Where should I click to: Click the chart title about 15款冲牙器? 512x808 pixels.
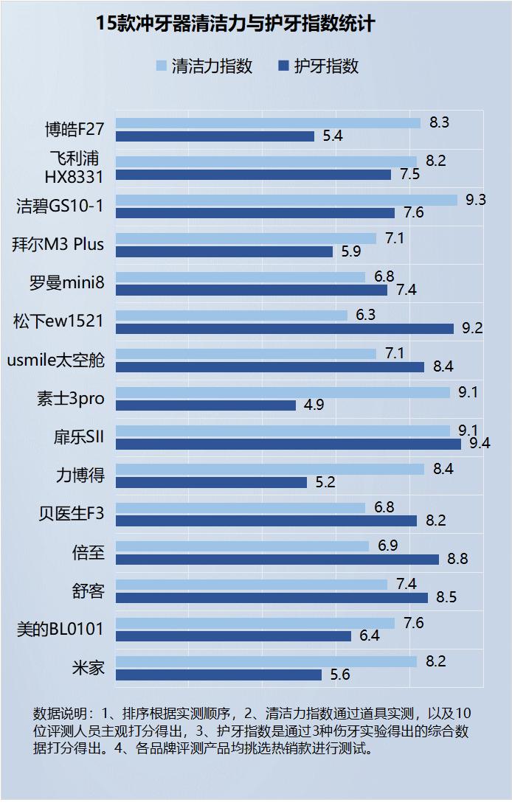click(235, 24)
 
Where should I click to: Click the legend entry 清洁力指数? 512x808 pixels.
click(204, 66)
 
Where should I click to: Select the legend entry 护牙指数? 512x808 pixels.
click(318, 66)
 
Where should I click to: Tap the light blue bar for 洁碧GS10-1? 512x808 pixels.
click(286, 200)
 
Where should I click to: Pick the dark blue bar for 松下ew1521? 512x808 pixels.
click(285, 328)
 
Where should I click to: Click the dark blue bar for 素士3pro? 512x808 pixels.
click(206, 405)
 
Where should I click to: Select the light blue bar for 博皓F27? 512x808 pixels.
click(268, 123)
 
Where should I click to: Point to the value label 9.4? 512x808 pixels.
click(480, 443)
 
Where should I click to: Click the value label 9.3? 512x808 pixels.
click(476, 200)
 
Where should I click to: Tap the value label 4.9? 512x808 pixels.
click(314, 405)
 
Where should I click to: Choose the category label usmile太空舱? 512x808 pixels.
click(56, 361)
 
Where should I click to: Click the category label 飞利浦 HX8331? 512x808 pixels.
click(74, 168)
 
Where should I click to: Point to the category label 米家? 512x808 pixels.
click(88, 668)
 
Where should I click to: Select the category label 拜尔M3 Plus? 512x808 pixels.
click(58, 245)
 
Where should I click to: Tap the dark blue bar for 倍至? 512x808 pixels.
click(277, 559)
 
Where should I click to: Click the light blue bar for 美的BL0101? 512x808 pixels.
click(255, 623)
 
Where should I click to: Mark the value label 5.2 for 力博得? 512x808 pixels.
click(325, 482)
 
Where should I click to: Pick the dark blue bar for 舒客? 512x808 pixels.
click(271, 597)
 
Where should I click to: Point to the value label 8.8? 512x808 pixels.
click(457, 559)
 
